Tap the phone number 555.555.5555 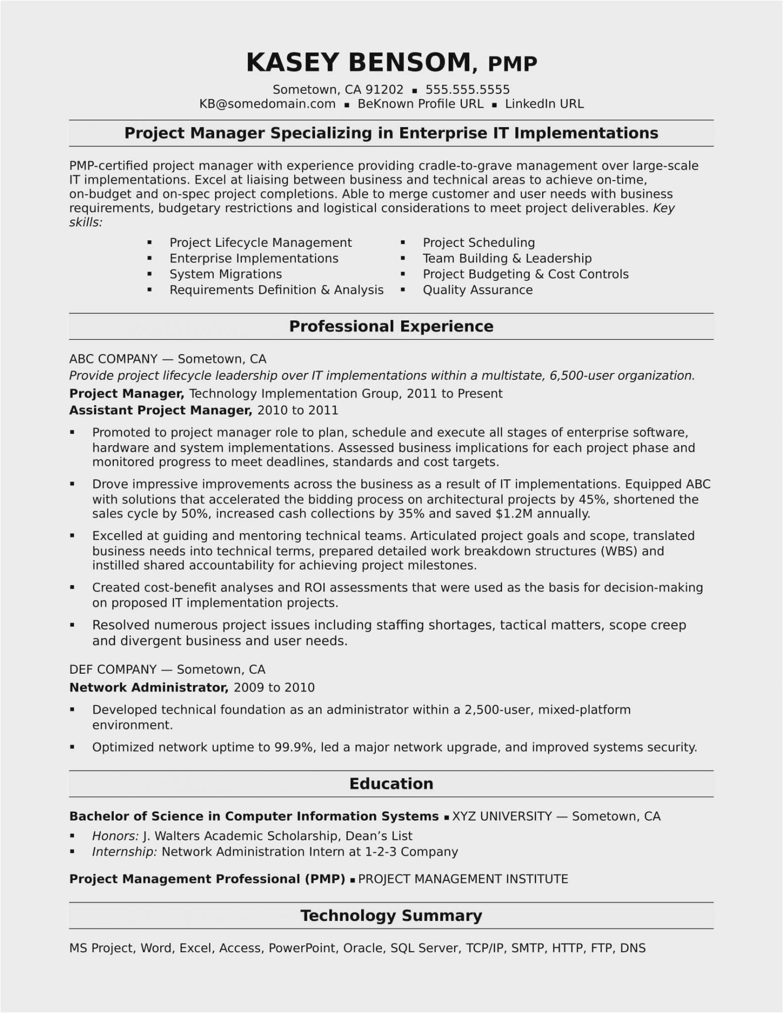[x=467, y=90]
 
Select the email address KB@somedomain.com [x=267, y=104]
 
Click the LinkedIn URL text [x=544, y=104]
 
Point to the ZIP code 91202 [x=384, y=90]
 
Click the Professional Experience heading [x=391, y=326]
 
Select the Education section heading [x=391, y=783]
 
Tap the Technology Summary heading [x=391, y=916]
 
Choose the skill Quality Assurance [x=477, y=290]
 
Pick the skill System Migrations [x=226, y=274]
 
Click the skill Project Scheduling [x=478, y=243]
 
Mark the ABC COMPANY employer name [x=113, y=359]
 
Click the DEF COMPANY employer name [x=113, y=669]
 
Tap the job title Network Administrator [x=148, y=687]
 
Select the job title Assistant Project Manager [x=160, y=410]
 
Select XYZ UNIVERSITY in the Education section [x=502, y=816]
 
